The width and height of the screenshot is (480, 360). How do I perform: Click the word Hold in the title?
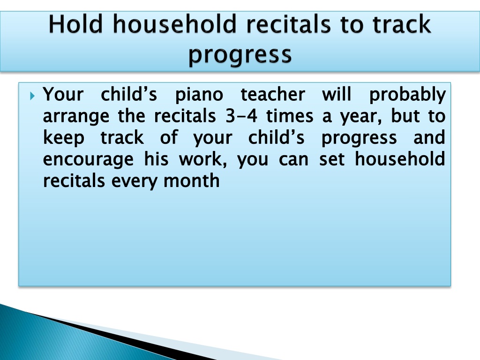[x=75, y=24]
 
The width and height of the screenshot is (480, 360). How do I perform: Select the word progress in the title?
[x=240, y=55]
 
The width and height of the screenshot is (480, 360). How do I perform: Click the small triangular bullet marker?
[x=33, y=96]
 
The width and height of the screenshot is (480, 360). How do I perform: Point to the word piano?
[x=199, y=95]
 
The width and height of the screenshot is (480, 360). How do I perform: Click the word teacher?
[x=273, y=94]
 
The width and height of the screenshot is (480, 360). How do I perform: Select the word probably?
[x=407, y=95]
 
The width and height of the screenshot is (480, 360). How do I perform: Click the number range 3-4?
[x=241, y=116]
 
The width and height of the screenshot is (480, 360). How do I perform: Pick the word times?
[x=290, y=116]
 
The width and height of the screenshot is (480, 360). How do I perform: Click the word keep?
[x=64, y=138]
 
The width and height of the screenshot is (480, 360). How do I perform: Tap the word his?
[x=157, y=159]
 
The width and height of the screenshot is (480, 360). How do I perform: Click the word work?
[x=203, y=159]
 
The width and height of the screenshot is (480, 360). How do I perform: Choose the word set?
[x=332, y=159]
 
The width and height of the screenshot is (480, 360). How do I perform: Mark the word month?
[x=192, y=180]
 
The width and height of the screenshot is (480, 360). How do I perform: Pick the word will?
[x=337, y=94]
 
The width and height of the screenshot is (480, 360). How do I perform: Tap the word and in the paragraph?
[x=429, y=137]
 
